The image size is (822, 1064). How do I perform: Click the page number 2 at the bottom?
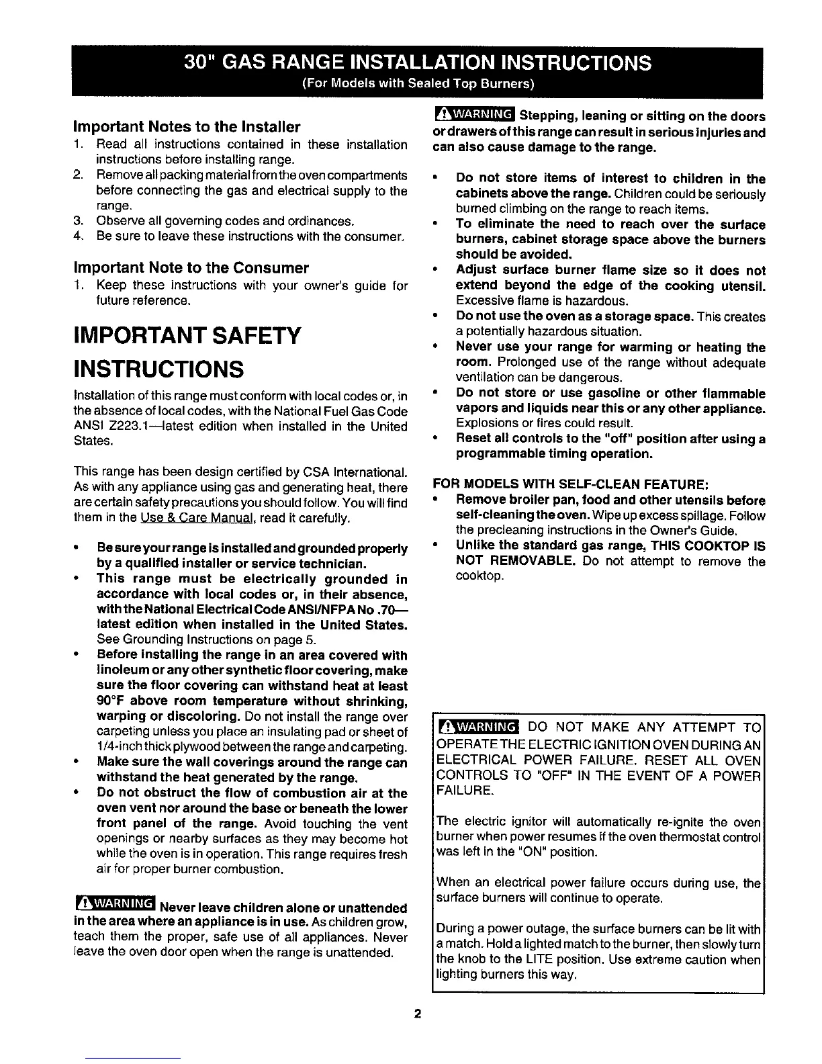pyautogui.click(x=417, y=1014)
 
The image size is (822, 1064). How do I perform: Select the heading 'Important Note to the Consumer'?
pyautogui.click(x=191, y=268)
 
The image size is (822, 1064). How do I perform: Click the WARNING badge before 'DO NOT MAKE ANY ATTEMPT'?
pyautogui.click(x=477, y=727)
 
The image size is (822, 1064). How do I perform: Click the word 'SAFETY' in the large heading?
pyautogui.click(x=248, y=335)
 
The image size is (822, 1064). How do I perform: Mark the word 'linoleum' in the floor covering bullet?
pyautogui.click(x=124, y=671)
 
